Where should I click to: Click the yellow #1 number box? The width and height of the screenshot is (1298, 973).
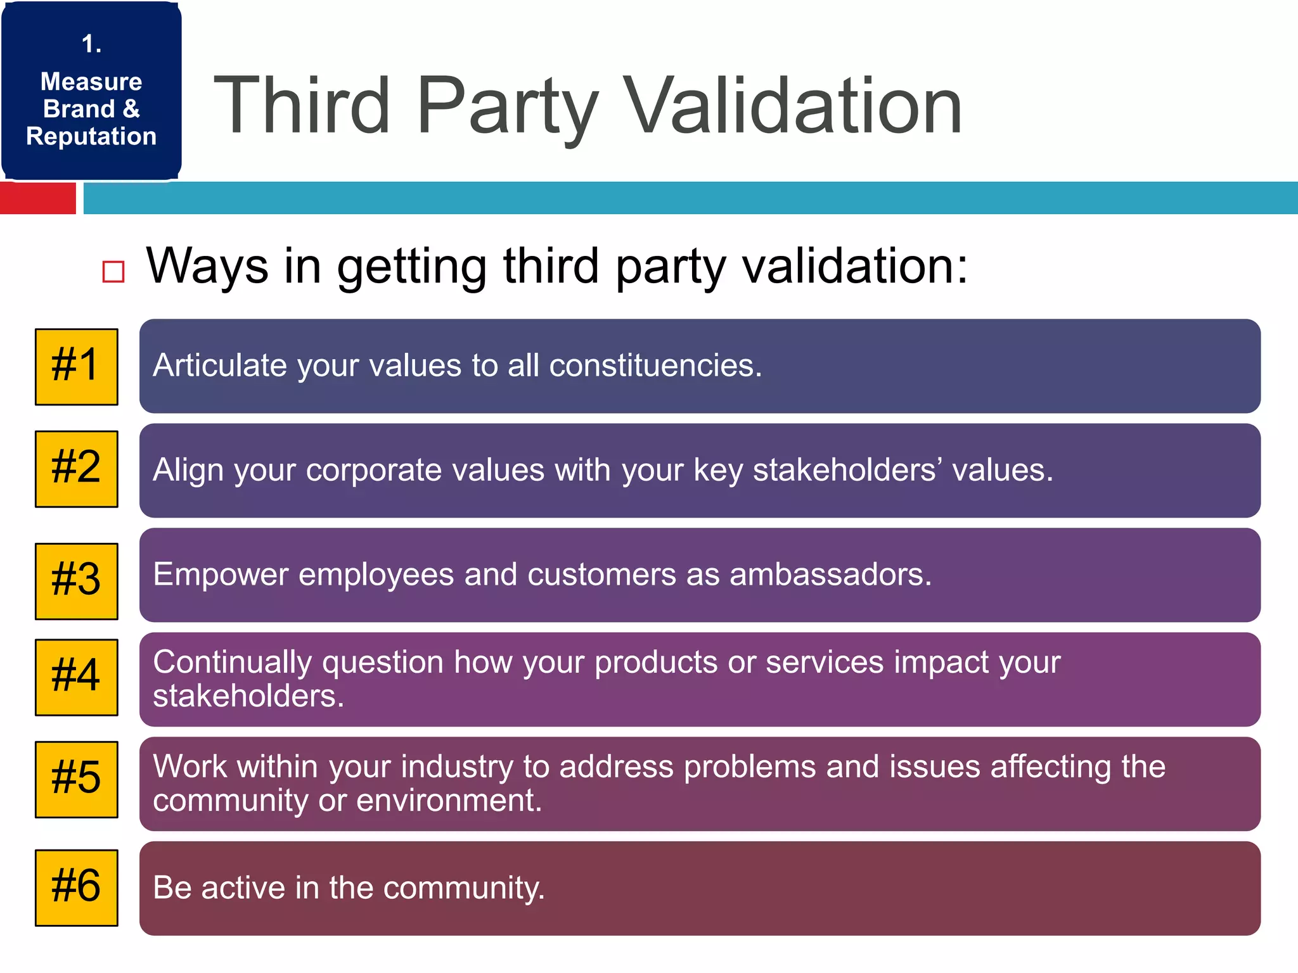[x=76, y=367]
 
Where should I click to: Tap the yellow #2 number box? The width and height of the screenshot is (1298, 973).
[x=76, y=469]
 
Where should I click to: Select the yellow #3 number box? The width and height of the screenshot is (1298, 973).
[x=76, y=581]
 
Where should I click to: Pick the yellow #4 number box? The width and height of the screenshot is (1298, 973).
[x=76, y=677]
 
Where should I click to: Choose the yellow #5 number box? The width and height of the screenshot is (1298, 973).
[x=76, y=779]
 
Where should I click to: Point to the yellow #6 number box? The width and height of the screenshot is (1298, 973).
[x=76, y=887]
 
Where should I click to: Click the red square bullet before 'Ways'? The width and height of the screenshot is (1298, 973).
[x=113, y=272]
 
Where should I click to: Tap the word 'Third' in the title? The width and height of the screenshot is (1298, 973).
[x=301, y=106]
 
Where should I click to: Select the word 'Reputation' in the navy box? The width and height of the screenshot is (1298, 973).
[x=91, y=136]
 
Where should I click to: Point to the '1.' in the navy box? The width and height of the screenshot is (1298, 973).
[x=91, y=44]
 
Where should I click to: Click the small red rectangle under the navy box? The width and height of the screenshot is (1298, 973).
[x=38, y=198]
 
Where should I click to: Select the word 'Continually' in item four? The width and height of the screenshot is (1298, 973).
[x=232, y=663]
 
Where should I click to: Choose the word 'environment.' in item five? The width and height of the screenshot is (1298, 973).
[x=449, y=800]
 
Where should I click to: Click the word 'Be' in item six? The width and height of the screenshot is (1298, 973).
[x=172, y=887]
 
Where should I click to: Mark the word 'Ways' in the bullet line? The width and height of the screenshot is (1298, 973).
[x=207, y=266]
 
